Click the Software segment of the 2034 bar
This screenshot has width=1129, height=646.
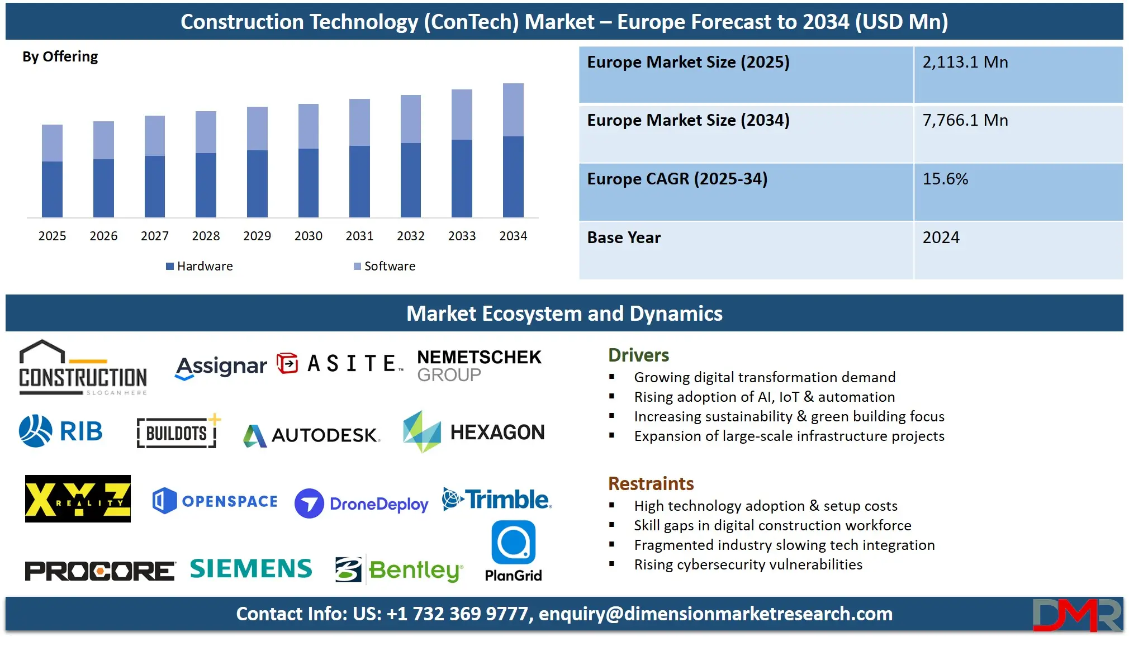pos(513,110)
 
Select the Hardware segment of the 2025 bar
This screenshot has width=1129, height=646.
pos(52,189)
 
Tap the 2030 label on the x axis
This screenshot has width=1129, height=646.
pos(308,236)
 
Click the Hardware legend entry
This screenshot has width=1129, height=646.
pos(200,267)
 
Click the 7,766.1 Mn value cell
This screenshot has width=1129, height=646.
pos(965,120)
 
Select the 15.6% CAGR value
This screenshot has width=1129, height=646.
pos(945,179)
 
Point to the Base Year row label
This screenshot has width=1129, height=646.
pos(624,237)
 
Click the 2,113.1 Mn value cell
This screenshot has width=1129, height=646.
pos(965,62)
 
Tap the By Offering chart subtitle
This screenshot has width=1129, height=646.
pos(60,57)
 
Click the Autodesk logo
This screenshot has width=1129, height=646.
pos(312,435)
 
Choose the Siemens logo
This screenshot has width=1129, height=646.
pos(251,569)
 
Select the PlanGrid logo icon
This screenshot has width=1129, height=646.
pos(513,543)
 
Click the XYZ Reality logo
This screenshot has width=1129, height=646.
pos(78,498)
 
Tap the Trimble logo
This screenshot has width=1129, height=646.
pos(497,500)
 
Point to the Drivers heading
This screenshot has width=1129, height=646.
pos(638,355)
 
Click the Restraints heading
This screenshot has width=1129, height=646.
pos(651,483)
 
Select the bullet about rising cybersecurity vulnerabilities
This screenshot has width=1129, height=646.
pos(748,564)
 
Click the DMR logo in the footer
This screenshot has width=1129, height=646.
pos(1076,615)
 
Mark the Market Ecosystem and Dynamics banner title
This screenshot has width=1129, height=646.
pos(564,313)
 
